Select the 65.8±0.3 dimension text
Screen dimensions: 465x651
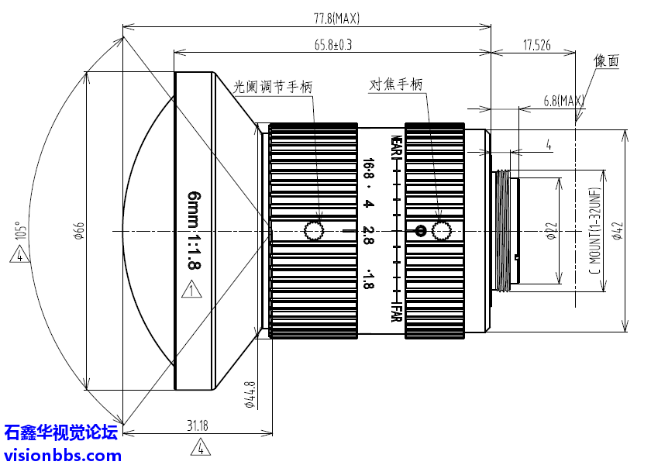333,45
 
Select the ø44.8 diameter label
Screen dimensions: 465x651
250,396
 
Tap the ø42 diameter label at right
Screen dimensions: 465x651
617,231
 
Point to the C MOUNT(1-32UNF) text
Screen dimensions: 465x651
595,230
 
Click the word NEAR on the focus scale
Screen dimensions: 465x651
395,148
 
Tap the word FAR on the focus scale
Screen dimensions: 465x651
395,314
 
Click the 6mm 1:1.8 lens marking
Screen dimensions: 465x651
194,231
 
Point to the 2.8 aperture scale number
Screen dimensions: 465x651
368,231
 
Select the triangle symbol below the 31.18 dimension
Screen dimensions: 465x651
200,447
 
